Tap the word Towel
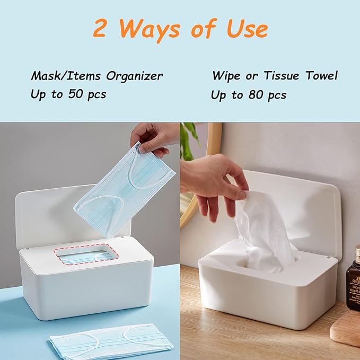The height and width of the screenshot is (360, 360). tap(321, 75)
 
